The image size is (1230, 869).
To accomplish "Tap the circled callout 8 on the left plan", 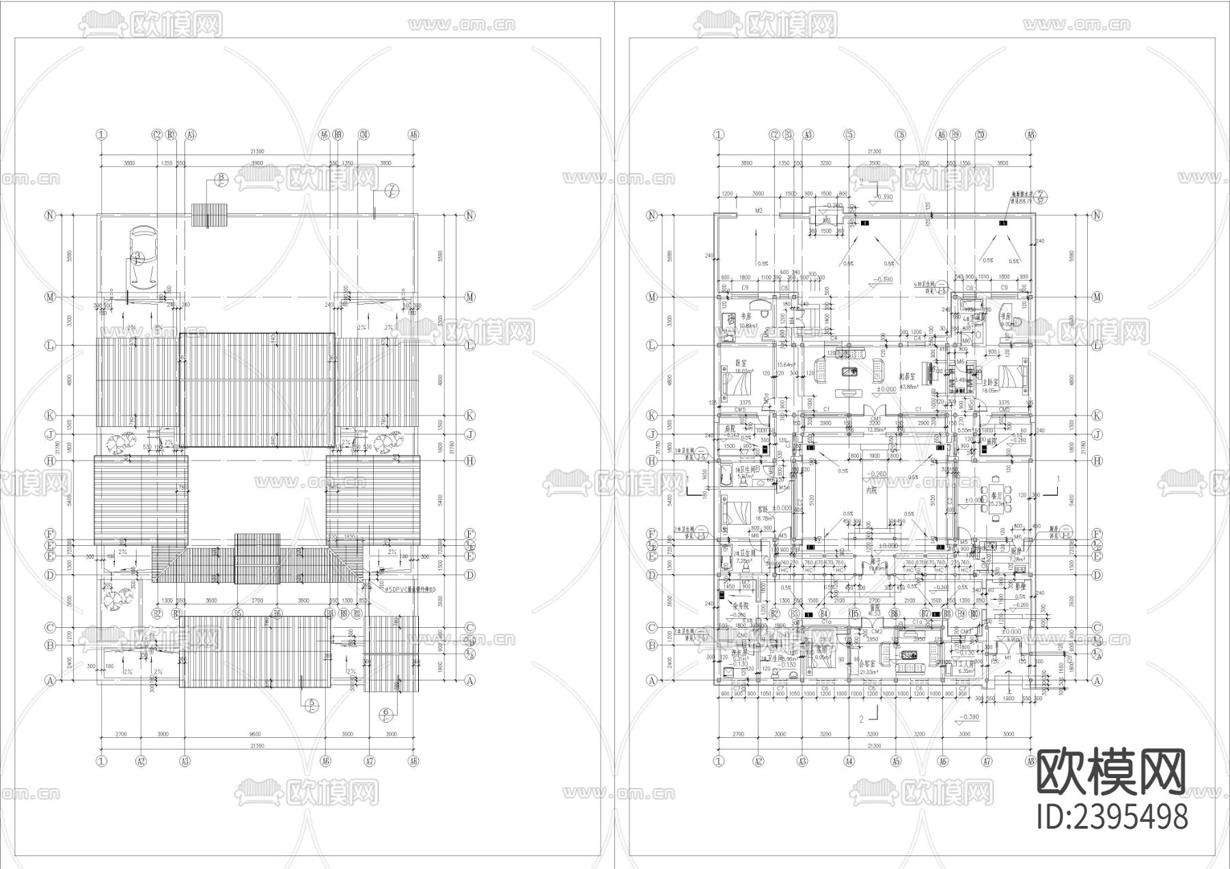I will (x=220, y=179).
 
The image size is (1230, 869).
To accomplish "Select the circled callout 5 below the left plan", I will (x=312, y=703).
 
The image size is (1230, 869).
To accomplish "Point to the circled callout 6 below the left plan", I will (x=385, y=714).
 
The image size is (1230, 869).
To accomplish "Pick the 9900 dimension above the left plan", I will (x=256, y=164).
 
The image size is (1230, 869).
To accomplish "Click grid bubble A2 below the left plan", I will (x=141, y=760).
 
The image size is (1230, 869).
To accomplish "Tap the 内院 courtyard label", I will (x=871, y=491).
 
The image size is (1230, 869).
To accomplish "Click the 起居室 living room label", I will (x=907, y=376).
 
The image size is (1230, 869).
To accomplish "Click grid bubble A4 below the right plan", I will (x=849, y=760).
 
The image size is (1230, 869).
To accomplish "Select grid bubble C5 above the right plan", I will (x=849, y=135).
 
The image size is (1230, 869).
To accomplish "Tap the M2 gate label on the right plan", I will (x=758, y=212).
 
